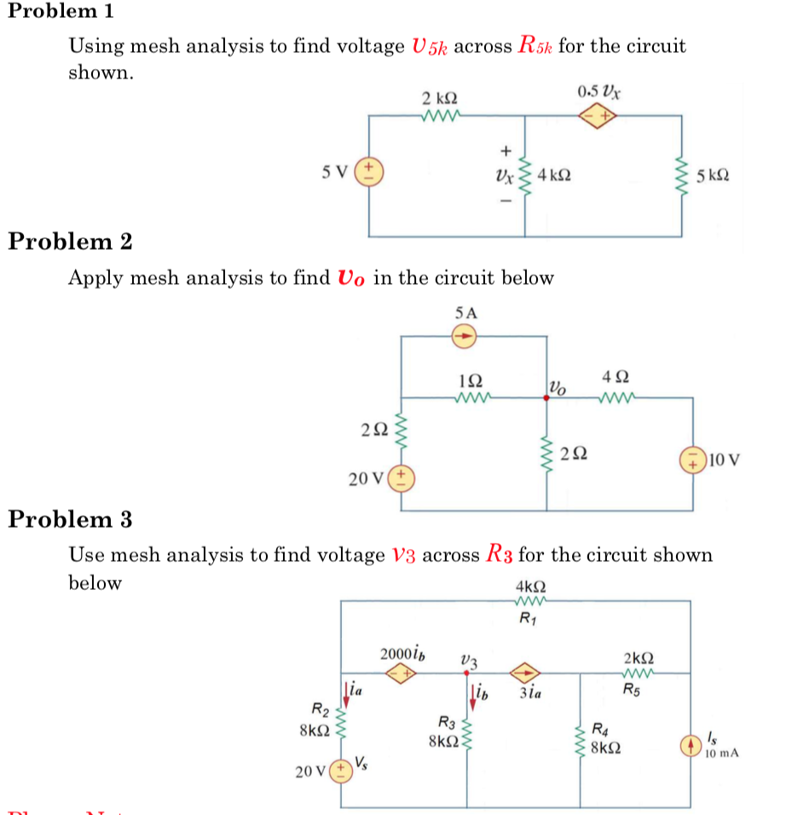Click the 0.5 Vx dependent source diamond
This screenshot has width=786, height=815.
[x=600, y=114]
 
